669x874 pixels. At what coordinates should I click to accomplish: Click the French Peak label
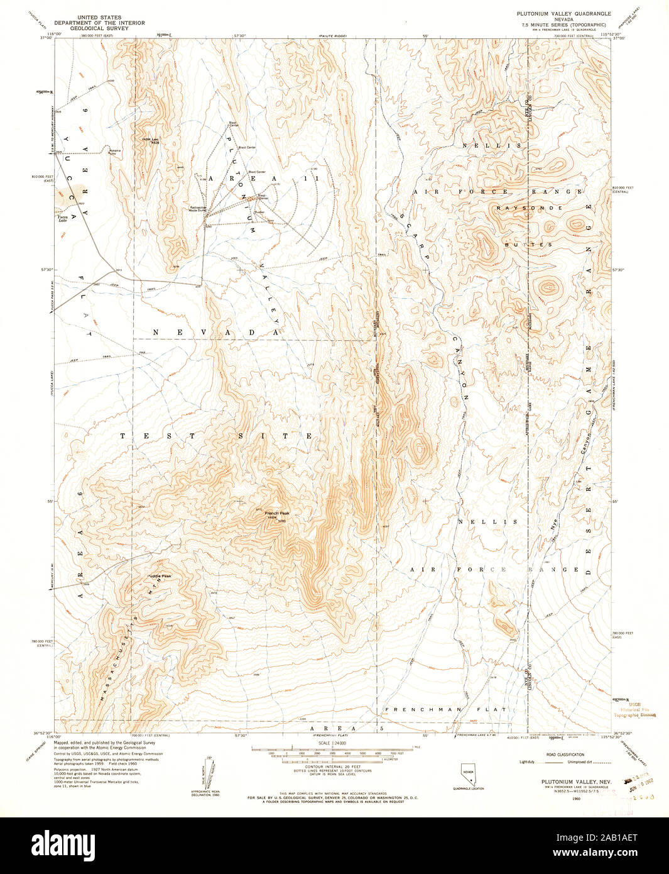pyautogui.click(x=276, y=514)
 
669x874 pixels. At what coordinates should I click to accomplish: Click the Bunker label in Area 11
pyautogui.click(x=259, y=212)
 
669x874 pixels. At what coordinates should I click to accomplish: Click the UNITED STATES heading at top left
pyautogui.click(x=99, y=18)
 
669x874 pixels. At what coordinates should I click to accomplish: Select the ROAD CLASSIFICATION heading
pyautogui.click(x=565, y=755)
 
